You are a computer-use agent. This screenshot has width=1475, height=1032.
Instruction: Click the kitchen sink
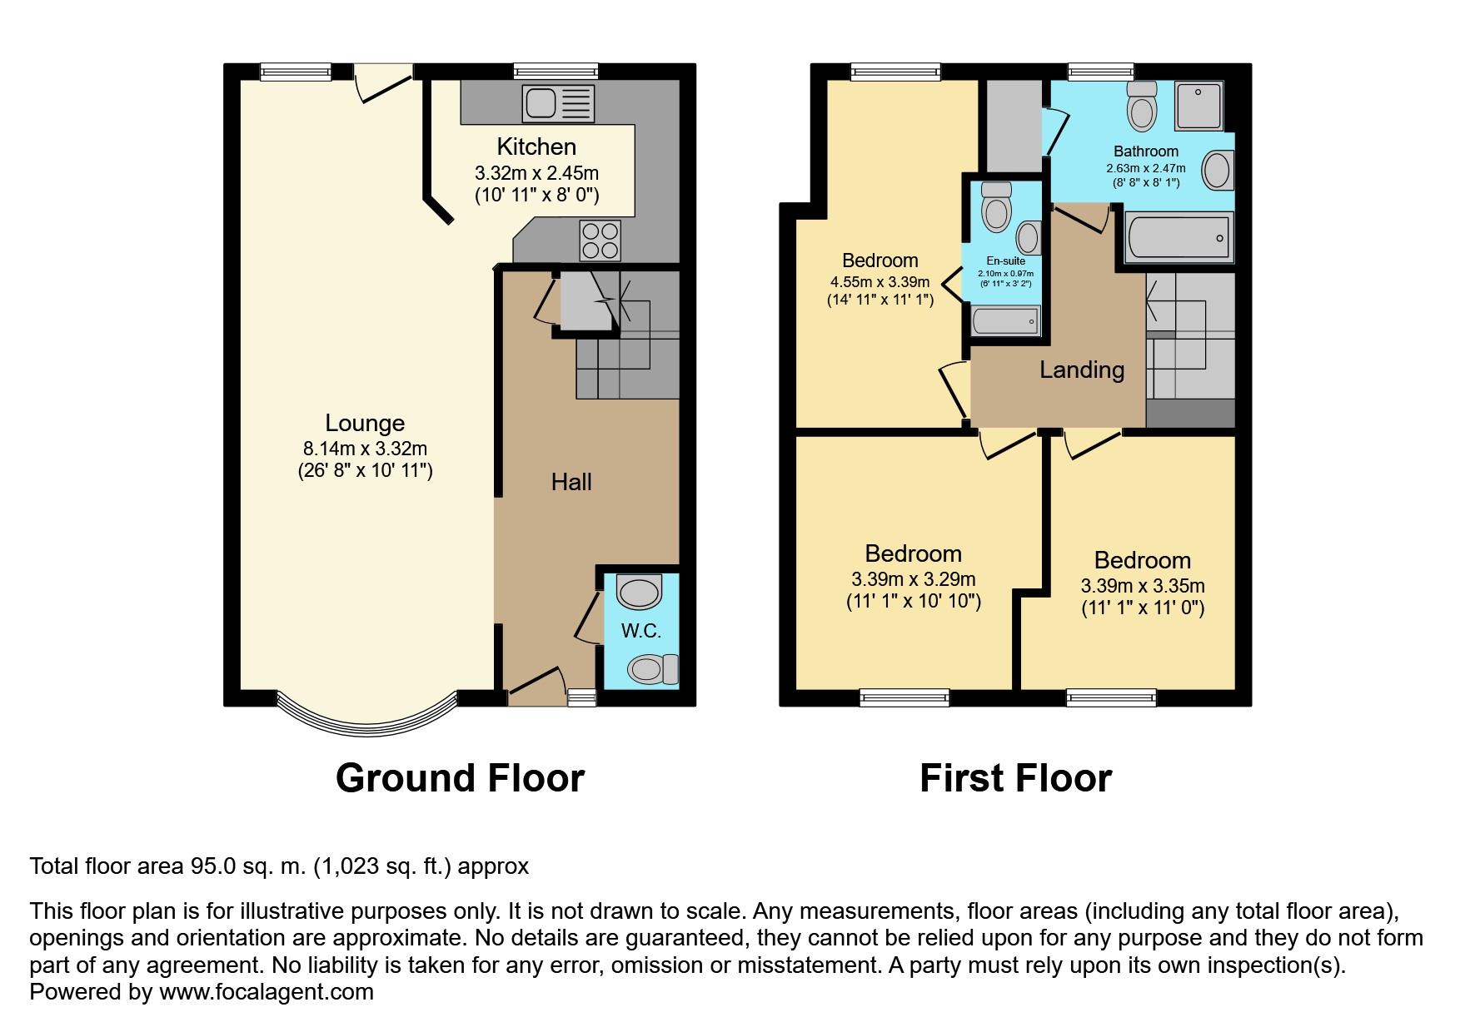[558, 103]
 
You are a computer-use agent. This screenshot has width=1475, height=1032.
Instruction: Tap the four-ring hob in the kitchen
[600, 240]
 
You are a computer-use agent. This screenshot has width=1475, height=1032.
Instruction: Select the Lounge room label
[365, 423]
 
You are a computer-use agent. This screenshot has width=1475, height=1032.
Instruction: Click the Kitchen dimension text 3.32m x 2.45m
[536, 173]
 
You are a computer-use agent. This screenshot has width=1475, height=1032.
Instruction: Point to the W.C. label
[641, 631]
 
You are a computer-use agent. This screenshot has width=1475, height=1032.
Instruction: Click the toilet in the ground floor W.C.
[653, 668]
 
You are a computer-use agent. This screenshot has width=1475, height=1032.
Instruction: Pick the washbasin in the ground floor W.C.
[639, 593]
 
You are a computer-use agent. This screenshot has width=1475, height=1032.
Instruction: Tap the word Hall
[571, 482]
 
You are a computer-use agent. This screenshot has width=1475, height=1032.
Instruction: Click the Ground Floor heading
[461, 778]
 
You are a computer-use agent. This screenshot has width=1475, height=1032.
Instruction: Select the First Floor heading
[1016, 778]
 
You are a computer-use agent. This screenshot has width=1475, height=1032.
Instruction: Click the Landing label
[1082, 370]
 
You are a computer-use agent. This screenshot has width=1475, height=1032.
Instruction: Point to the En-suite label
[1006, 260]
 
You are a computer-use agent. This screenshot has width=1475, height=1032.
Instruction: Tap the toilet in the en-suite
[997, 206]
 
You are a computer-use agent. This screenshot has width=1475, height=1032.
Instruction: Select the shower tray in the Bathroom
[1198, 106]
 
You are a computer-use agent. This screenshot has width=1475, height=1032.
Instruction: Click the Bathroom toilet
[1143, 106]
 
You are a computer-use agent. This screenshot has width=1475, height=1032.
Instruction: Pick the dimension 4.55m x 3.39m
[880, 282]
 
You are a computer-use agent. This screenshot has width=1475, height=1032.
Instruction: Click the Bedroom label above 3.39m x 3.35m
[1143, 560]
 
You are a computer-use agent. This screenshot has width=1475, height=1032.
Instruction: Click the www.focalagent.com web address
[267, 992]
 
